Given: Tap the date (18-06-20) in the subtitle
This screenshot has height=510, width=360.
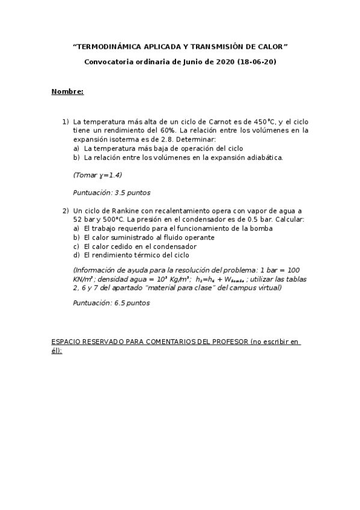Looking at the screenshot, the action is coord(257,61).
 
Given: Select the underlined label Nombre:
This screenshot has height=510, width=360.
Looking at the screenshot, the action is coord(67,91).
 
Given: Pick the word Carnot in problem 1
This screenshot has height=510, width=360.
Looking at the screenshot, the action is coord(220,121).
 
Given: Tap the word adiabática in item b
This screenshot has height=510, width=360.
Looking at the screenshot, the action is coord(264,158).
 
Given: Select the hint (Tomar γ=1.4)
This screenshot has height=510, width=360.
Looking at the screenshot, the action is coord(97,176).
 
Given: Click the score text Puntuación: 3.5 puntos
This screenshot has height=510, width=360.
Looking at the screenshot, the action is coord(111,193).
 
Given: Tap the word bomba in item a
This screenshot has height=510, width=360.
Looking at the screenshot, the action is coord(261,229).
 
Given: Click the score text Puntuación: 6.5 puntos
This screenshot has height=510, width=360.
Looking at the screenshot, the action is coord(111,303).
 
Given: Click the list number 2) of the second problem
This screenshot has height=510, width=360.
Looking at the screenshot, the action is coord(66,211).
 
